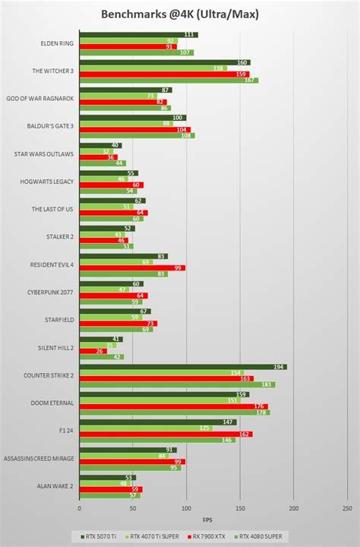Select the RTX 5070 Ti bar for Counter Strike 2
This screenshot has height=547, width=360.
tap(182, 367)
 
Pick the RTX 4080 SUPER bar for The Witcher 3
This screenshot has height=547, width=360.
tap(168, 80)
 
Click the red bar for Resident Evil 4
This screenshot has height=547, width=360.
tap(131, 268)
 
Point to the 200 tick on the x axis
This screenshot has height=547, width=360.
tap(294, 508)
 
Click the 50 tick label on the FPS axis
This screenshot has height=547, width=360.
tap(133, 508)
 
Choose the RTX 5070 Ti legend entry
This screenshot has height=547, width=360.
tap(99, 536)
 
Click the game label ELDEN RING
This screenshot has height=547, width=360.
tap(58, 43)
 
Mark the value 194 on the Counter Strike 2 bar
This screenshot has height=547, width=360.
tap(279, 367)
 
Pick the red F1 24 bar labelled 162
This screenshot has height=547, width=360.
tap(166, 434)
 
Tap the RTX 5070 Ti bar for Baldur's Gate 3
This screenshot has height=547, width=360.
tap(132, 118)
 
